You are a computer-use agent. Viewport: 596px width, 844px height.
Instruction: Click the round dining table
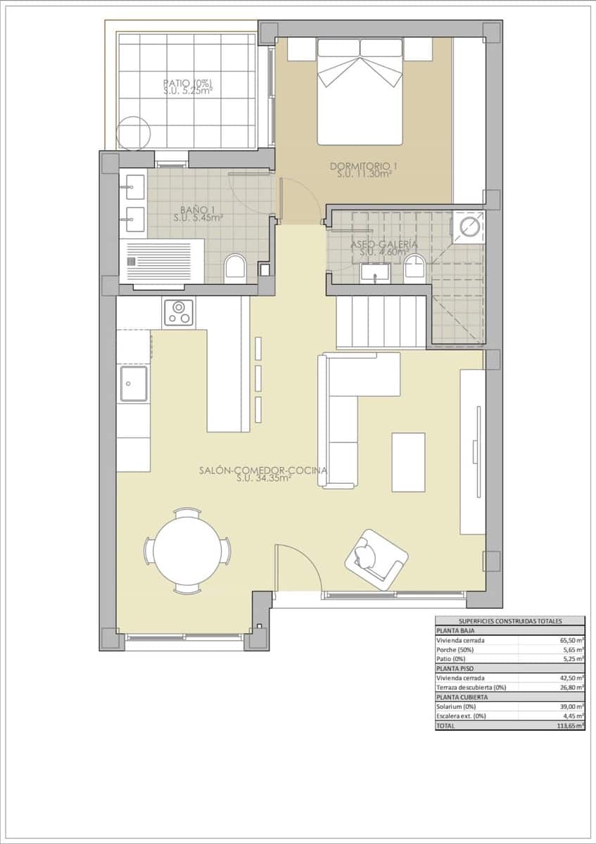[187, 551]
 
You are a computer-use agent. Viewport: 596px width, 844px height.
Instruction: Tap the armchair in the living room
[376, 558]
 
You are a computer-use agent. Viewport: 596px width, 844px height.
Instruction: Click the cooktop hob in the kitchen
[179, 313]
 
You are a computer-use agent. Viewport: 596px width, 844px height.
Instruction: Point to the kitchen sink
[134, 384]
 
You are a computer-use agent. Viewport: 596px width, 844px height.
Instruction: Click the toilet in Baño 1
[234, 270]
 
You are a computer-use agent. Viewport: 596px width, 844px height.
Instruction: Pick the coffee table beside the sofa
[408, 462]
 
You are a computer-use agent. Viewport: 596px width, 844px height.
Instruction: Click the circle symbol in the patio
[135, 133]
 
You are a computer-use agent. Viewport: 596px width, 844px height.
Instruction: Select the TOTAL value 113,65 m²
[569, 725]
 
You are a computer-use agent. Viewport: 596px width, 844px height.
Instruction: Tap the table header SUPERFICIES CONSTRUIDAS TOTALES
[509, 621]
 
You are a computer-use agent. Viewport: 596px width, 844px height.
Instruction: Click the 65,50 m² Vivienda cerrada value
[571, 640]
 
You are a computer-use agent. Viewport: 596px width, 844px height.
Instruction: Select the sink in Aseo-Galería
[376, 271]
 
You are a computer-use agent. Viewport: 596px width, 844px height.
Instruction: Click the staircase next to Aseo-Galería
[381, 321]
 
